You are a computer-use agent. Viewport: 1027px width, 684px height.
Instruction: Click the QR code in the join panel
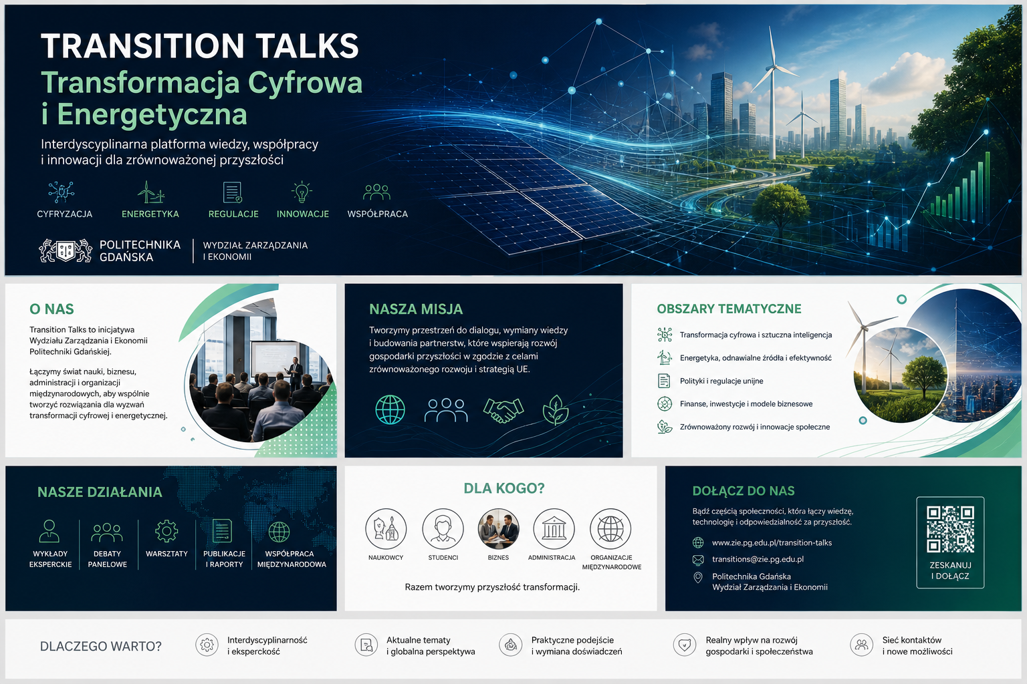point(950,529)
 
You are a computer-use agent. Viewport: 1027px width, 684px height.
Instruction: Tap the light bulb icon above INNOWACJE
point(302,192)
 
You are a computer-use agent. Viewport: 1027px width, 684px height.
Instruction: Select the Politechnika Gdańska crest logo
point(65,250)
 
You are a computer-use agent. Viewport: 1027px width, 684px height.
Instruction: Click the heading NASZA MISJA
point(416,309)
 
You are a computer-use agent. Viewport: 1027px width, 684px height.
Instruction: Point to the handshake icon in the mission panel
point(503,409)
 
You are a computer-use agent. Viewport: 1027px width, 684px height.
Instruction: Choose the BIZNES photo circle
point(498,528)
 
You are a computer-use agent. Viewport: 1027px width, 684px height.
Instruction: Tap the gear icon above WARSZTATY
point(166,531)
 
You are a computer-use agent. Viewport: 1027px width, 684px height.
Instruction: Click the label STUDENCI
point(443,558)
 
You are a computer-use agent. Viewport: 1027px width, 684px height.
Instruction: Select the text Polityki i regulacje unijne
point(721,381)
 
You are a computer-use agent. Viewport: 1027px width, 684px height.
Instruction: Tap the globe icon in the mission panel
point(390,409)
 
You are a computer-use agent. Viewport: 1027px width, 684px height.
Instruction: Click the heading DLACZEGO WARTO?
point(101,647)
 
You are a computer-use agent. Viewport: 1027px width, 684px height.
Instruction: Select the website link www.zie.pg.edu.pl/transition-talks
point(772,542)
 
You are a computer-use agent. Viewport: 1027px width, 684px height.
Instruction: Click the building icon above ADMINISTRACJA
point(554,528)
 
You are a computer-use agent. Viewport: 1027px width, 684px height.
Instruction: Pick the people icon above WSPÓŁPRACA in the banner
point(376,192)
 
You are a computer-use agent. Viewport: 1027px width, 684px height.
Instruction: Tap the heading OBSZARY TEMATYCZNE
point(729,309)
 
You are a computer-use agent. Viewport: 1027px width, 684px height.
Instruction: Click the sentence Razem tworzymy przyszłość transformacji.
point(492,587)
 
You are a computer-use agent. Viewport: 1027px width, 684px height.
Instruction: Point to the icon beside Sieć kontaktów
point(861,645)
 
